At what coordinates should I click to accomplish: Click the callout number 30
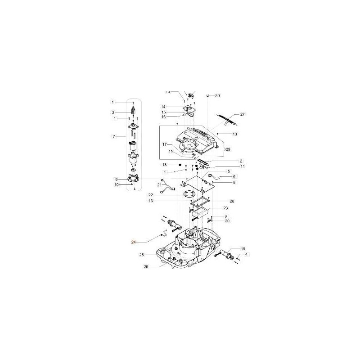tap(218, 96)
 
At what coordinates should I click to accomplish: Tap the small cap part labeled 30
tap(208, 95)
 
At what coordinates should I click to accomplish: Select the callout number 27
tap(243, 114)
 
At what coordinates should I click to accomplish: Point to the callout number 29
tap(228, 149)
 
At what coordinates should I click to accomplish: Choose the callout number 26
tap(145, 266)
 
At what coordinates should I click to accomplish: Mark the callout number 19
tap(243, 249)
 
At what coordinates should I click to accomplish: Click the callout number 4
tap(246, 255)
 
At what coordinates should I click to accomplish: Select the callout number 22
tap(151, 195)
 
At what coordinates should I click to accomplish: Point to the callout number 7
tap(113, 136)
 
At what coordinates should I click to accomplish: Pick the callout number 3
tap(113, 112)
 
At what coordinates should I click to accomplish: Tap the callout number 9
tap(116, 179)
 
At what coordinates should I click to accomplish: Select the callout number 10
tap(116, 184)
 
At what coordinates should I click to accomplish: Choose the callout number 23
tap(225, 208)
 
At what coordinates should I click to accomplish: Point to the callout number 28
tap(232, 201)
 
